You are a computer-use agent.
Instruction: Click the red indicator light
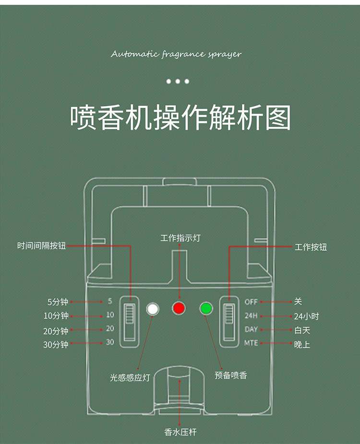179,308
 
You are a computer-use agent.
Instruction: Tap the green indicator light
206,308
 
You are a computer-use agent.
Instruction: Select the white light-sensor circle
153,309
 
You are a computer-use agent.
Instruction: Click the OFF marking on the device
251,302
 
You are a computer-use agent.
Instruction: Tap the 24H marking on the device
251,315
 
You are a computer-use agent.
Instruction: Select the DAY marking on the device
251,329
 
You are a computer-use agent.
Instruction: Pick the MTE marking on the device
251,343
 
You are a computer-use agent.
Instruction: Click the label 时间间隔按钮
42,246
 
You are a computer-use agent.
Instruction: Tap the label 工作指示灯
180,238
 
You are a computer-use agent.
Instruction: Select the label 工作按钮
311,247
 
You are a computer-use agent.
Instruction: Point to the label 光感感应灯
130,378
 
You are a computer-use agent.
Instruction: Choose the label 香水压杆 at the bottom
180,432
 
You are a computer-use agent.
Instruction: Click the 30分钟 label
56,344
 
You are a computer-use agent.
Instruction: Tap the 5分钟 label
58,302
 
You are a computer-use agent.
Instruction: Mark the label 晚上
302,344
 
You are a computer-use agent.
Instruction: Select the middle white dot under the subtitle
178,82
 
